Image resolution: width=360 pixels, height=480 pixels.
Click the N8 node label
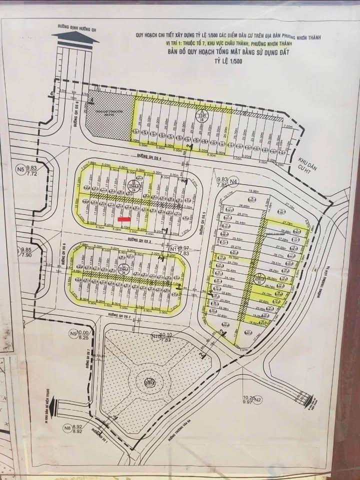tap(66, 427)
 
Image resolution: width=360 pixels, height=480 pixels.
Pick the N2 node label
tap(257, 399)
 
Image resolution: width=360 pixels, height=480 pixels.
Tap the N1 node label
tap(173, 248)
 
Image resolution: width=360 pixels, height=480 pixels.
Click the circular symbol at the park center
tap(149, 382)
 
